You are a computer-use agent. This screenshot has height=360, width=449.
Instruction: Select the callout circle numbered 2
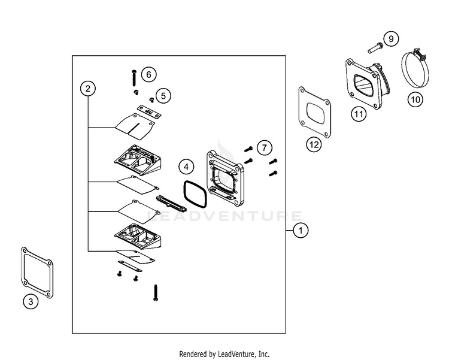[x=88, y=89]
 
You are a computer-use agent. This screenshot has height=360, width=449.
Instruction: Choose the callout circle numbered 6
[x=148, y=74]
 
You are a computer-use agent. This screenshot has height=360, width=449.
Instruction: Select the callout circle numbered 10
[x=415, y=99]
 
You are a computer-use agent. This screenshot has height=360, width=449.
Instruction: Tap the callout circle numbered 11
[x=358, y=113]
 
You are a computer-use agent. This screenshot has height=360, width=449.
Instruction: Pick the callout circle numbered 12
[x=314, y=144]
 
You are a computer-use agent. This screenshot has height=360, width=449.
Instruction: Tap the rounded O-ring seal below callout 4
[x=193, y=193]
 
